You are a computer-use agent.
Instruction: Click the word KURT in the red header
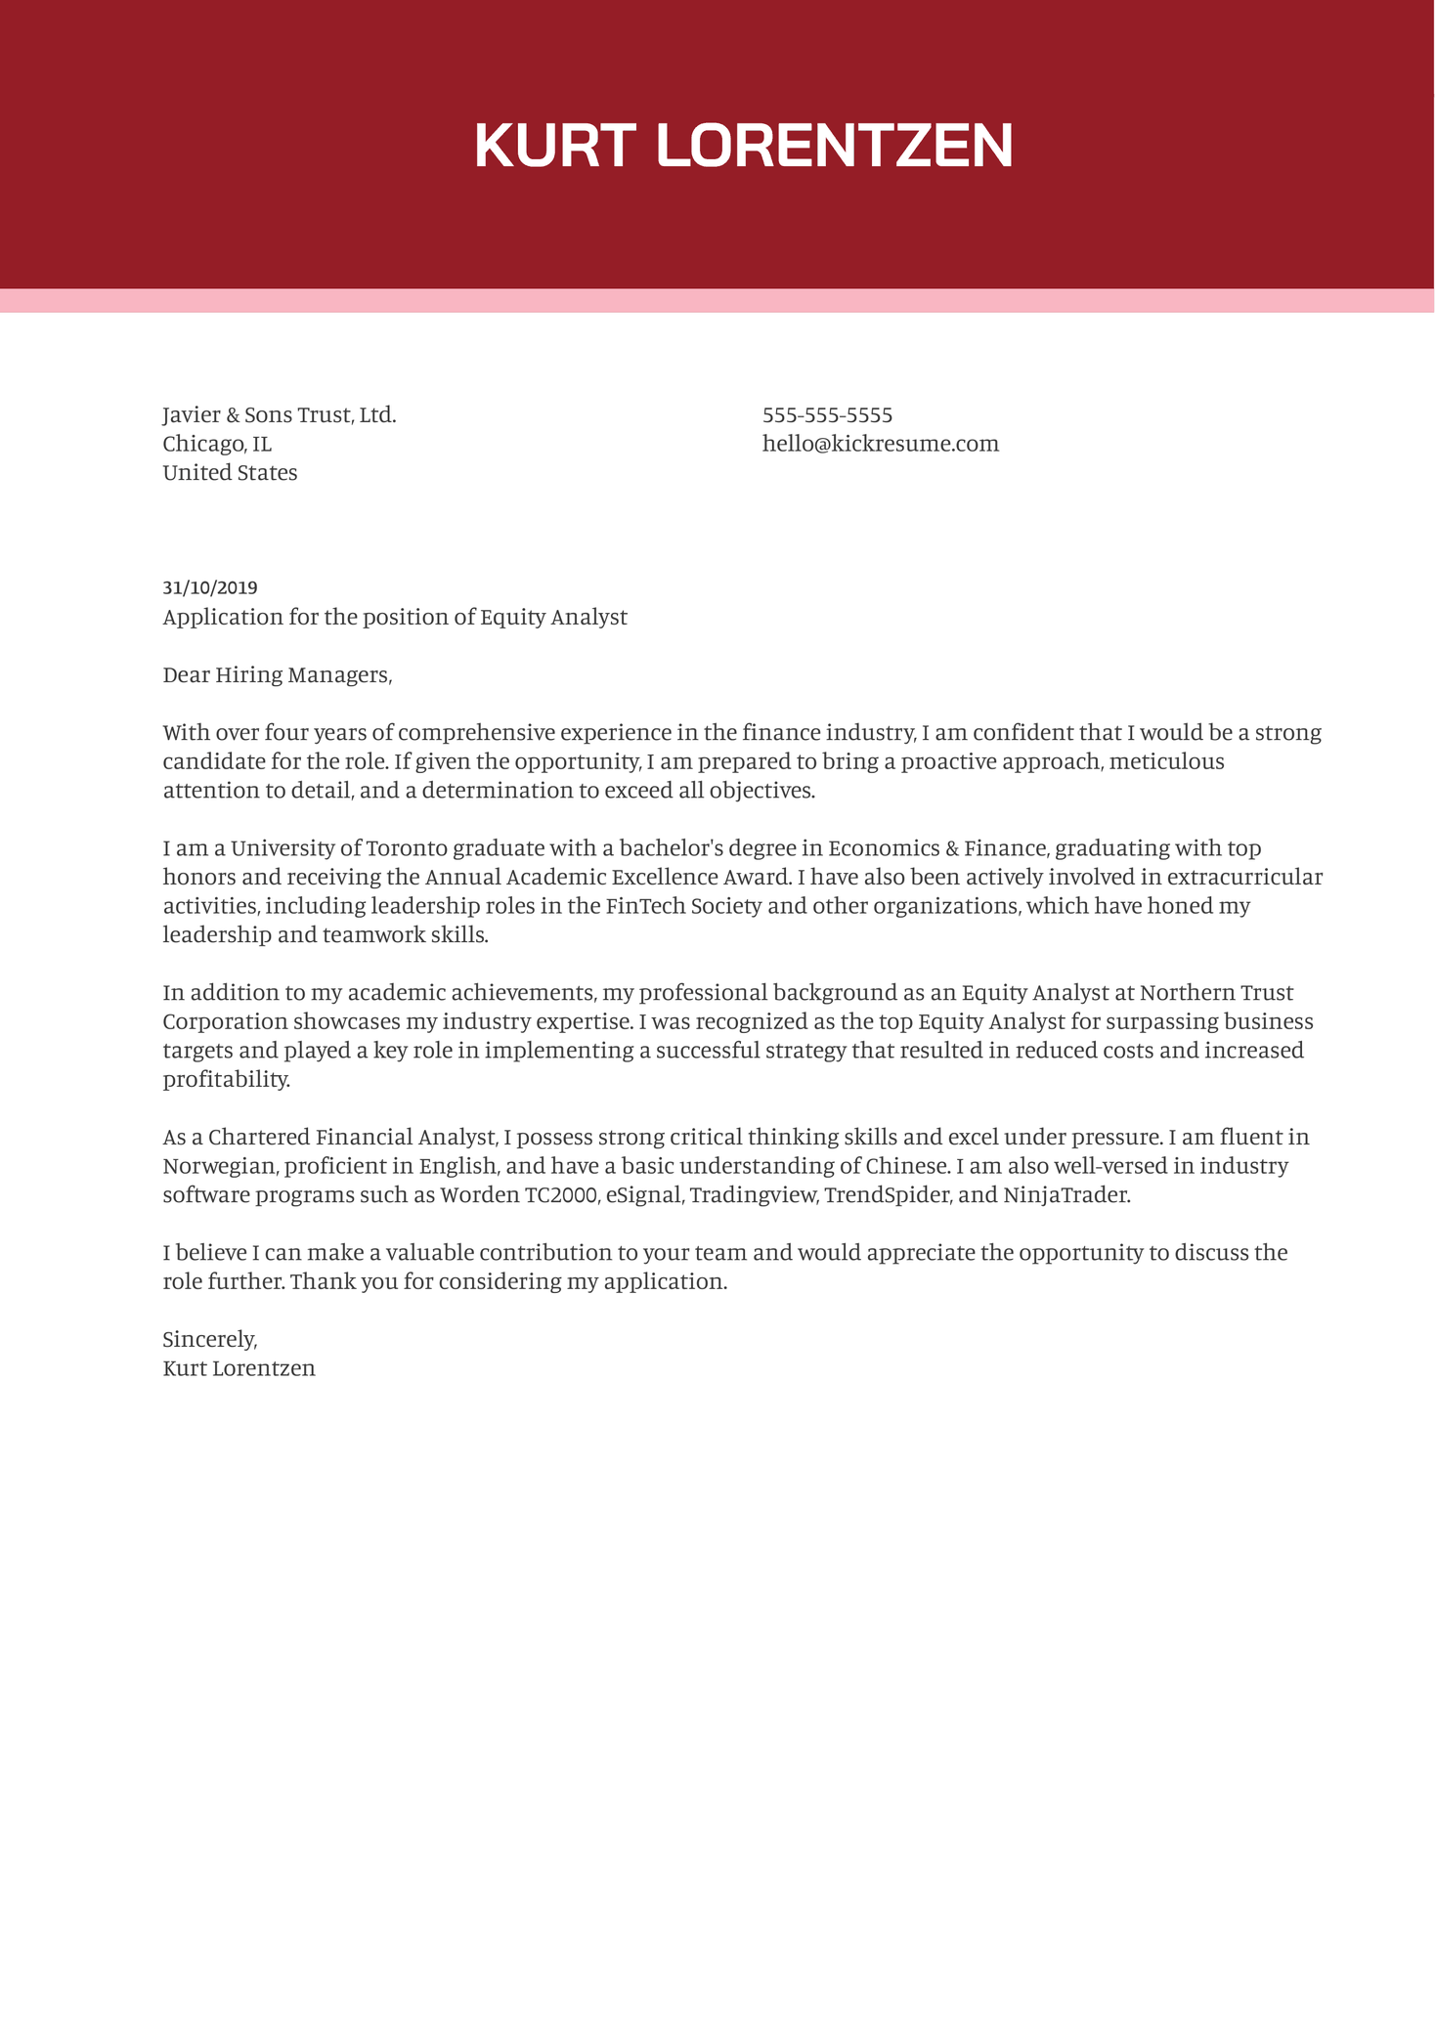tap(554, 146)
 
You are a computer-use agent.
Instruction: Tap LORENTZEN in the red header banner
tap(834, 146)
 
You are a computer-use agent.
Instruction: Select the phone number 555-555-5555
tap(827, 415)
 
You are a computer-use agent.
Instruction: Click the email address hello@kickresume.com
tap(880, 444)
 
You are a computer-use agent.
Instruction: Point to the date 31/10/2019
tap(210, 587)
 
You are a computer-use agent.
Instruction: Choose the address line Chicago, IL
tap(217, 445)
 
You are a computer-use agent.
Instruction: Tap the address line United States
tap(230, 473)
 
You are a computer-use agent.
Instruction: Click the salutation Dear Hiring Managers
tap(277, 675)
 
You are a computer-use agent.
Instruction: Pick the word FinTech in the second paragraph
tap(645, 906)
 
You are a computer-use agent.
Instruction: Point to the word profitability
tap(226, 1080)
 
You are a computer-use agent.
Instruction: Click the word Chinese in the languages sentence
tap(906, 1166)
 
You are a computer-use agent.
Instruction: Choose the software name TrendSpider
tap(888, 1195)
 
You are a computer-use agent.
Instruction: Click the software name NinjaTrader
tap(1065, 1195)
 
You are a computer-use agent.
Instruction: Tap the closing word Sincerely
tap(209, 1340)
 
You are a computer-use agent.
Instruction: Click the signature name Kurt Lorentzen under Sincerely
tap(239, 1368)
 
